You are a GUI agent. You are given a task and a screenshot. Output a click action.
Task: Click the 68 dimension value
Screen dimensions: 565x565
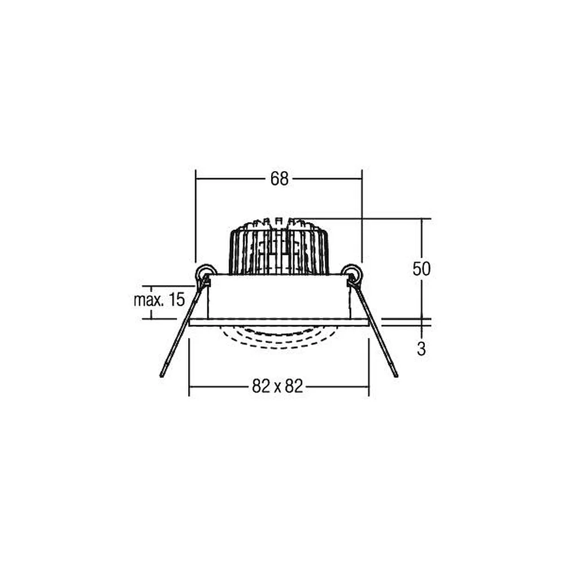click(280, 179)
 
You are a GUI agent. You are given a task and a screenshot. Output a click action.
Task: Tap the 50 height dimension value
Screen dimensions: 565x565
click(421, 269)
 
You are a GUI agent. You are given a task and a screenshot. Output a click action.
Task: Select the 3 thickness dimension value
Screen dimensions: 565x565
click(421, 349)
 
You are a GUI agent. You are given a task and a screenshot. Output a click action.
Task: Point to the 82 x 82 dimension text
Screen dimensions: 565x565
click(277, 386)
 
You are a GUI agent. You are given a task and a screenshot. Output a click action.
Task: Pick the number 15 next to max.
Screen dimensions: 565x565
click(177, 300)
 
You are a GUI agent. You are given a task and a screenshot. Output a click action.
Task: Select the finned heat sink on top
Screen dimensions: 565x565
click(279, 247)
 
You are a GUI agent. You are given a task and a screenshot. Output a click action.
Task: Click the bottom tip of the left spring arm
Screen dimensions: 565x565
click(162, 376)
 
